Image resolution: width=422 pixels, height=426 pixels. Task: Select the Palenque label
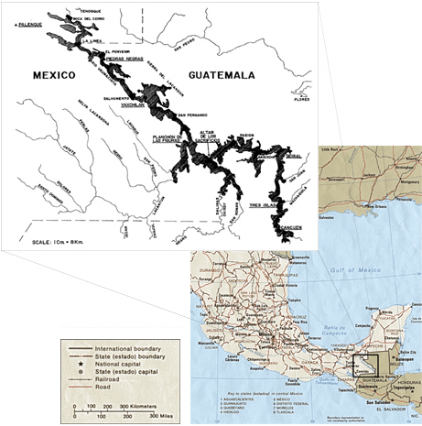tap(21, 27)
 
